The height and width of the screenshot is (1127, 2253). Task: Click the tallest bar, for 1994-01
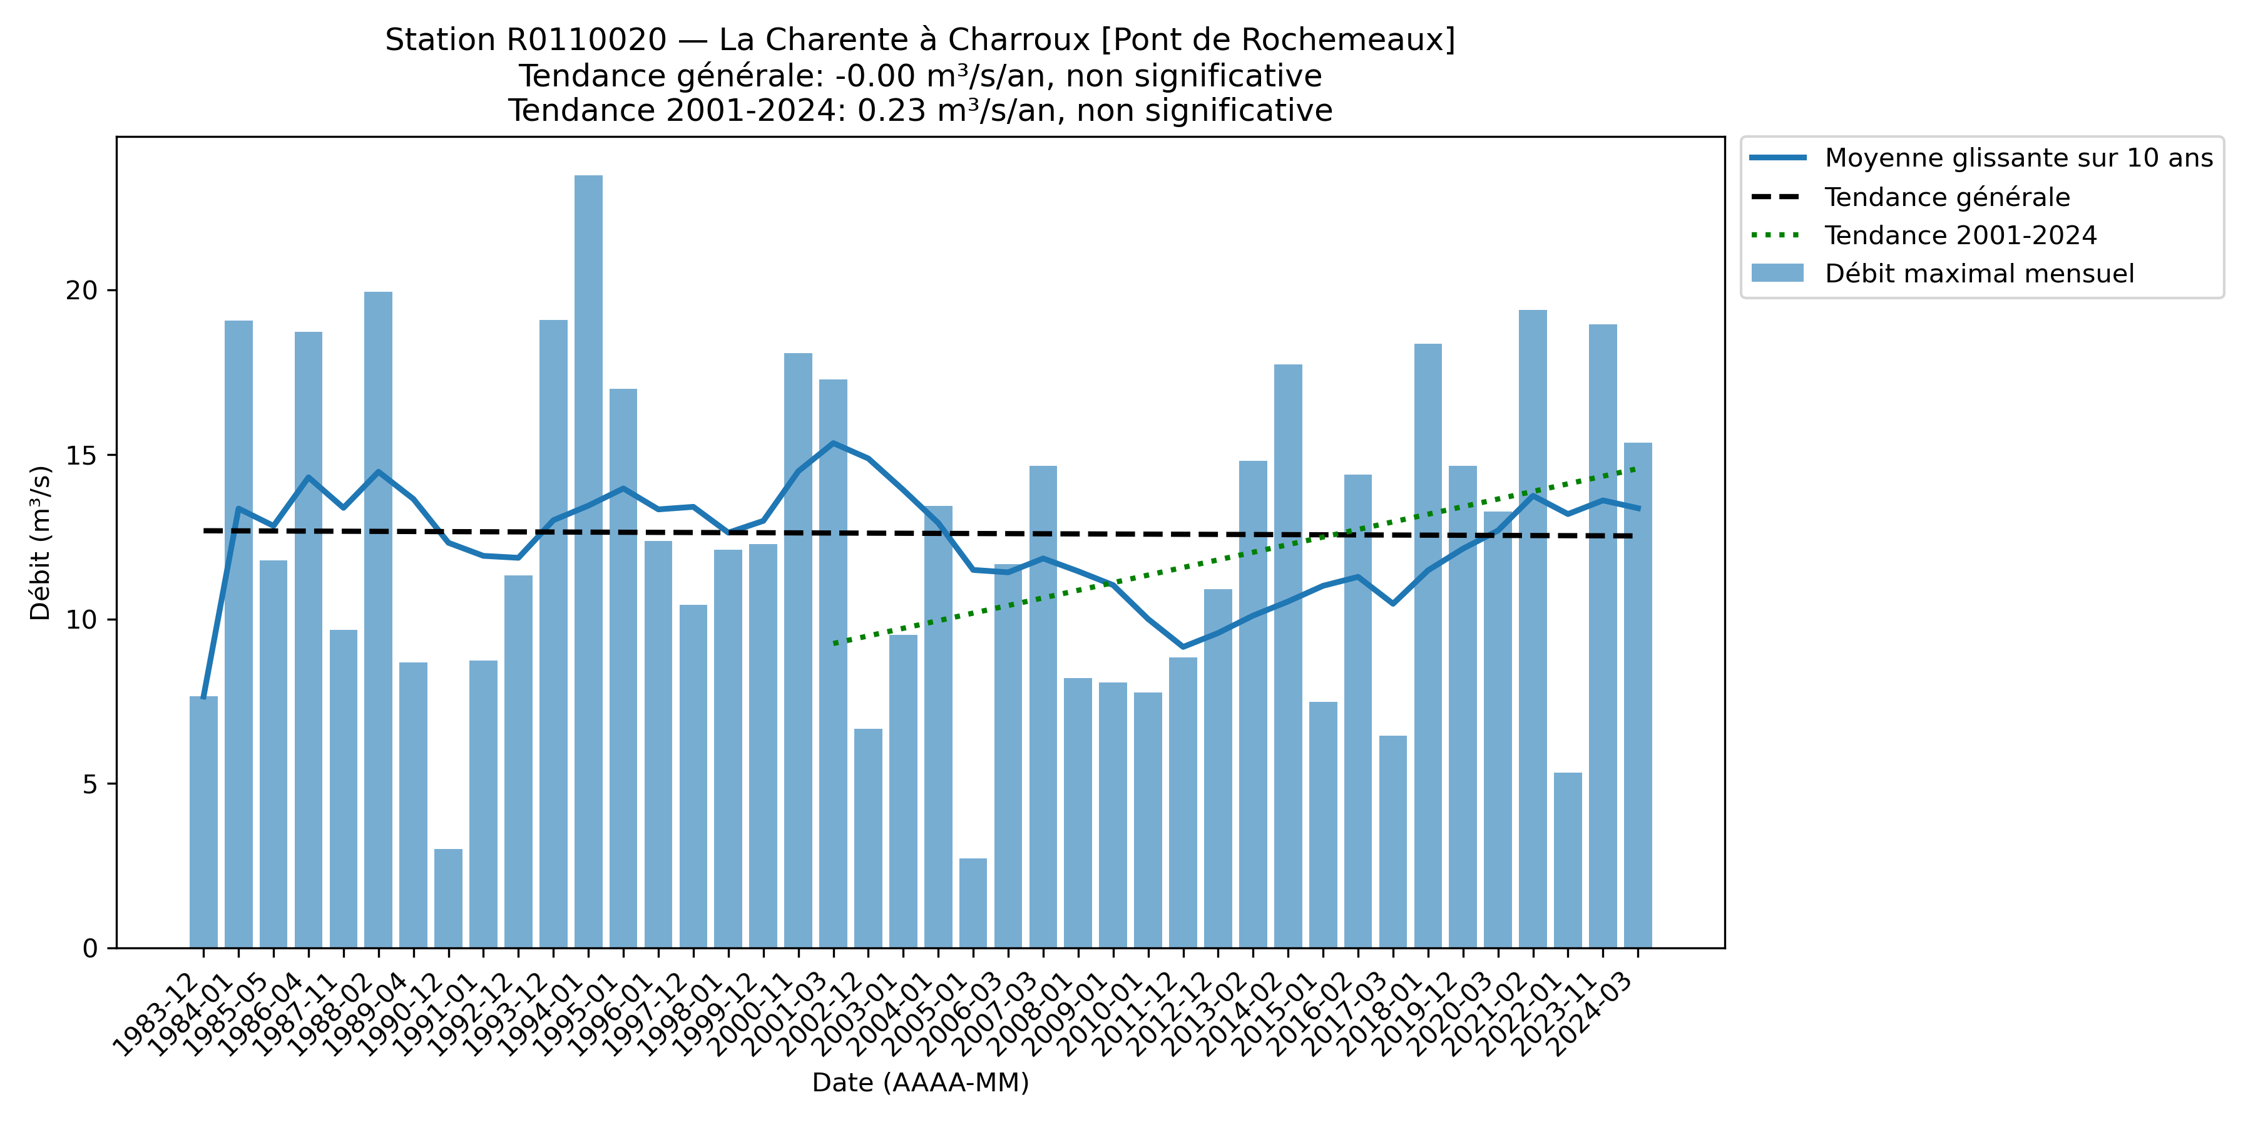589,560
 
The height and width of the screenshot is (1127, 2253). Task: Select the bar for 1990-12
449,898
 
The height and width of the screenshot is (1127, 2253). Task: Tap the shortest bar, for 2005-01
973,902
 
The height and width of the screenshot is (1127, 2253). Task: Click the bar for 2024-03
1638,695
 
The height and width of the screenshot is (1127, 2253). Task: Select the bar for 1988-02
379,619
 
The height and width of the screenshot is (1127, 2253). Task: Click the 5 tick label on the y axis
90,784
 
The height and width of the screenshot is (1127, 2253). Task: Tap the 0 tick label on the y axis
90,949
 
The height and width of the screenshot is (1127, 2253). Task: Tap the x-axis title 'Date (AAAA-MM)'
920,1083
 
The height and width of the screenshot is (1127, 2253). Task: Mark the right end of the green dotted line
1635,469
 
